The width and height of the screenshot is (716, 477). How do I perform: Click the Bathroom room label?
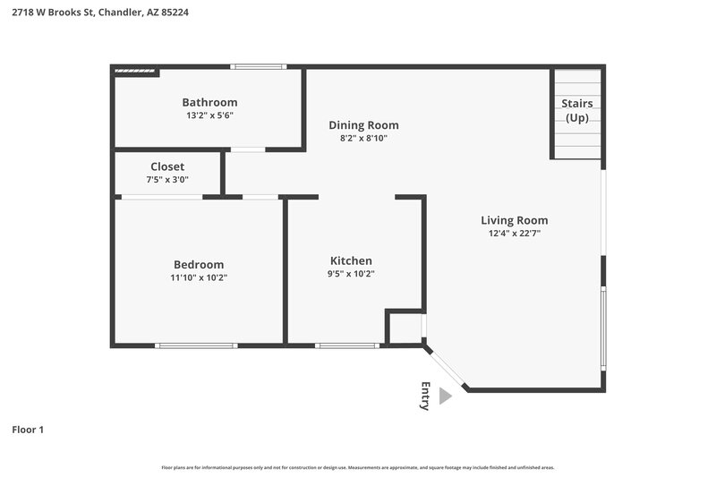tap(209, 102)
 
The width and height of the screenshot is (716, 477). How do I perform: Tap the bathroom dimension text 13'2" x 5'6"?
tap(209, 115)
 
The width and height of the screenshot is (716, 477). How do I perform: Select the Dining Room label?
tap(363, 125)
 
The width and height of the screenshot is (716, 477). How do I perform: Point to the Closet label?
tap(167, 166)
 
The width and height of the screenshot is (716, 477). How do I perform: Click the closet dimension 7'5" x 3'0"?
tap(167, 180)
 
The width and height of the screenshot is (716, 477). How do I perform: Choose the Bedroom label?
tap(199, 264)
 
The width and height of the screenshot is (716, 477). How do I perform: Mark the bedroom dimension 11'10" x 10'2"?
tap(199, 277)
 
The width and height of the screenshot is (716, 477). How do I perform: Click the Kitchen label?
tap(352, 260)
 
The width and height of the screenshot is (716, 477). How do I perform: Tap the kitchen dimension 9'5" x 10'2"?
tap(352, 274)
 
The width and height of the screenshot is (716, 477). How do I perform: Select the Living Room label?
tap(514, 220)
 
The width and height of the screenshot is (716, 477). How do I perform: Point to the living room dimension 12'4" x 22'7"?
tap(514, 234)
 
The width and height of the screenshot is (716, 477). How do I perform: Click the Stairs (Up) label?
tap(576, 110)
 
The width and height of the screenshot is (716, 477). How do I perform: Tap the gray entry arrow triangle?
tap(445, 396)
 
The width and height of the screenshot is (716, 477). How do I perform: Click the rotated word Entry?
tap(425, 396)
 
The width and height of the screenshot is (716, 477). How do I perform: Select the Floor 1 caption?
tap(28, 430)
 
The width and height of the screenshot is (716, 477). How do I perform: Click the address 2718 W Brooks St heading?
tap(99, 13)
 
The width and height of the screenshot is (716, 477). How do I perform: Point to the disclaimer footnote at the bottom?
tap(357, 467)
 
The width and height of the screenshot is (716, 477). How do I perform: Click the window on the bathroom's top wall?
tap(258, 66)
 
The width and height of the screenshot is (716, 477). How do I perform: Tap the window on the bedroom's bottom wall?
tap(196, 345)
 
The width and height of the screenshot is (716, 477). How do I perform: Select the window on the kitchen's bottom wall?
tap(347, 345)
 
